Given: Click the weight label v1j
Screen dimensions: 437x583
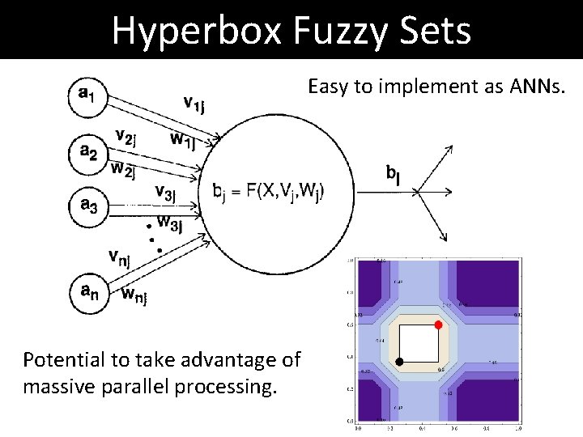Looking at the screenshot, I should [199, 104].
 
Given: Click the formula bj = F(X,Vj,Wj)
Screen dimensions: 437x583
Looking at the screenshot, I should [268, 192].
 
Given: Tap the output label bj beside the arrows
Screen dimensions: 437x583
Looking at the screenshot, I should [394, 172].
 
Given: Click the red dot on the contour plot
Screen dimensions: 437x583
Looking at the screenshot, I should [438, 325].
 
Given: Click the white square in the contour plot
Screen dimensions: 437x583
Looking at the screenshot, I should [419, 342].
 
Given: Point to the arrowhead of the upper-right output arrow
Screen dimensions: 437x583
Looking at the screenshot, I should [449, 148].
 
